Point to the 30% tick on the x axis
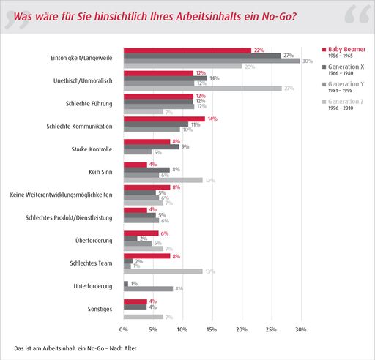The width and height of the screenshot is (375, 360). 300,330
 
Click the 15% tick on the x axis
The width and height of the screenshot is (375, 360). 212,330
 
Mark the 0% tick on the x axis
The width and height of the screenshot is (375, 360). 124,330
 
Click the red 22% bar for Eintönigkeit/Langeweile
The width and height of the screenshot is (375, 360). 187,50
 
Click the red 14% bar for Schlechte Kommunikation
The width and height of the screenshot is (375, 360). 165,119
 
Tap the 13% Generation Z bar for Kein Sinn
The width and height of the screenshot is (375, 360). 163,180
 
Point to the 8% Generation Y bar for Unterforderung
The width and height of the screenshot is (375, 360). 148,289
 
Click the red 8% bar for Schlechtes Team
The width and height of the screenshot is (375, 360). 147,256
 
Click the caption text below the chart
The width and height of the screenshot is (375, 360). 75,347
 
